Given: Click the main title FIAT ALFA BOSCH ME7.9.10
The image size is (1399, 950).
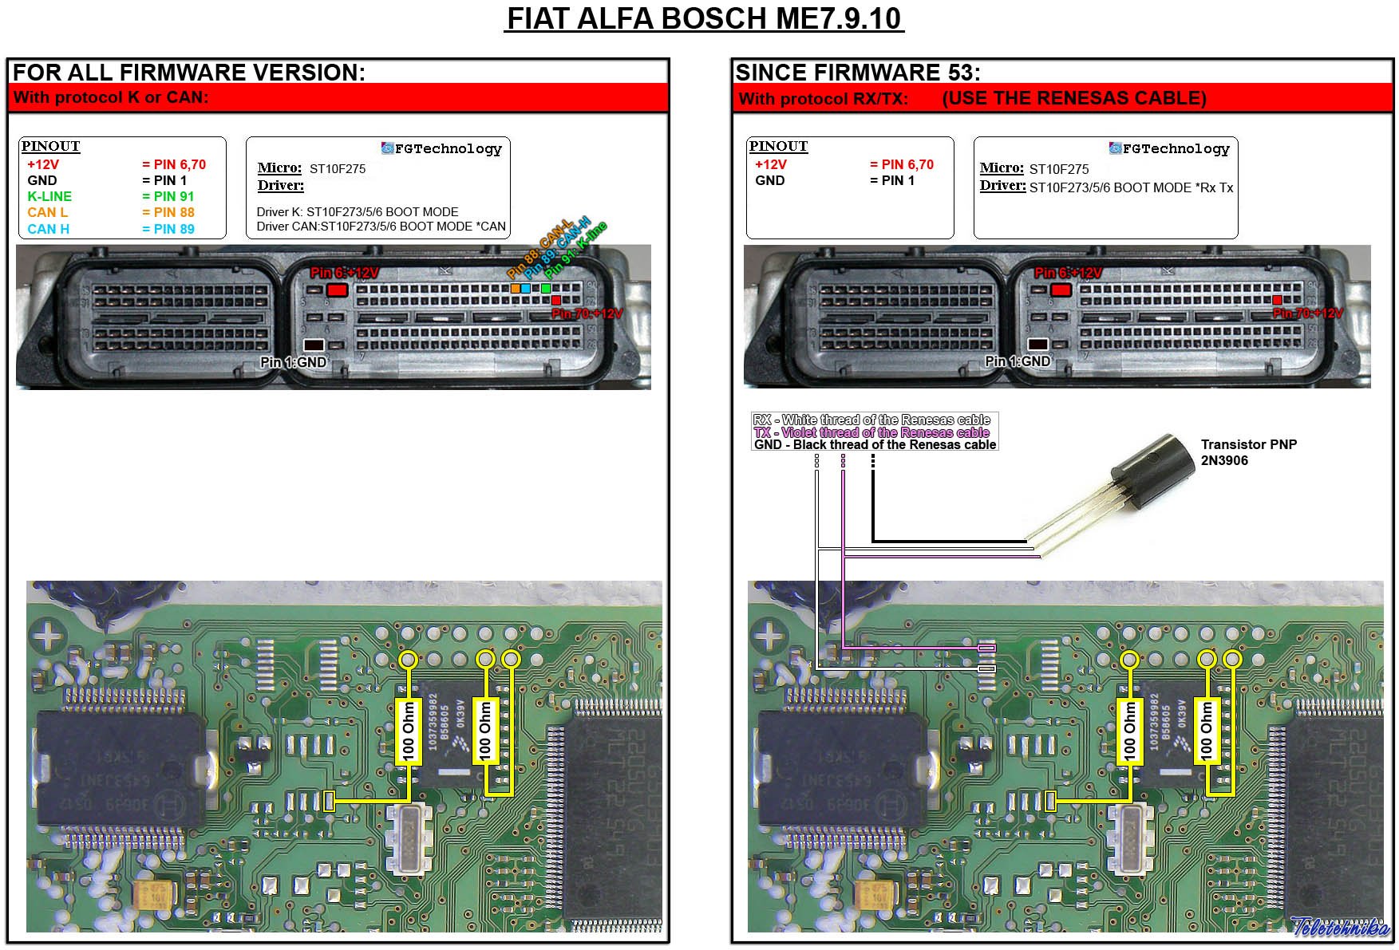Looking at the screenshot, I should pyautogui.click(x=704, y=18).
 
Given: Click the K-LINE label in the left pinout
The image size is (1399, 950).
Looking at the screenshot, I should pyautogui.click(x=49, y=196).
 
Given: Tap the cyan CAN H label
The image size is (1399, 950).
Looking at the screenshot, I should pyautogui.click(x=48, y=229).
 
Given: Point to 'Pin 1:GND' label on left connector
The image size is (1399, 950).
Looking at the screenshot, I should pyautogui.click(x=293, y=362).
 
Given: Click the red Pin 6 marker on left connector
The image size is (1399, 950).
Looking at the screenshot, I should pyautogui.click(x=337, y=290).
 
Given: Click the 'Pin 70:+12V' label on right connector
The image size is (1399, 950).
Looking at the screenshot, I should pyautogui.click(x=1307, y=313).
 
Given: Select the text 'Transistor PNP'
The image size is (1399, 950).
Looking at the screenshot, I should pyautogui.click(x=1248, y=444).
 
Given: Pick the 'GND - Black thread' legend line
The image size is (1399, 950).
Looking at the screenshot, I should pyautogui.click(x=875, y=444).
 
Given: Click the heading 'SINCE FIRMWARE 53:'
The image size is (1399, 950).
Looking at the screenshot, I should pyautogui.click(x=857, y=73).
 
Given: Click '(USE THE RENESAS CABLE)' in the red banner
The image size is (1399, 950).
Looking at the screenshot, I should pyautogui.click(x=1073, y=98).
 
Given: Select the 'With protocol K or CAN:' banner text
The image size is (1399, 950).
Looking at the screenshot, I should pyautogui.click(x=111, y=97).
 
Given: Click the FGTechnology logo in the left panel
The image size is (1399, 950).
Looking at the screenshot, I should pyautogui.click(x=441, y=148).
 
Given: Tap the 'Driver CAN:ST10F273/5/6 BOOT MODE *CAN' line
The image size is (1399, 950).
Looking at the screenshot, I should pyautogui.click(x=381, y=227).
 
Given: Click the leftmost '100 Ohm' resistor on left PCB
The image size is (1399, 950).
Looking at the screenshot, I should pyautogui.click(x=408, y=731).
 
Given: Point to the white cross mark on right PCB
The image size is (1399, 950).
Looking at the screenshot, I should pyautogui.click(x=769, y=636).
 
